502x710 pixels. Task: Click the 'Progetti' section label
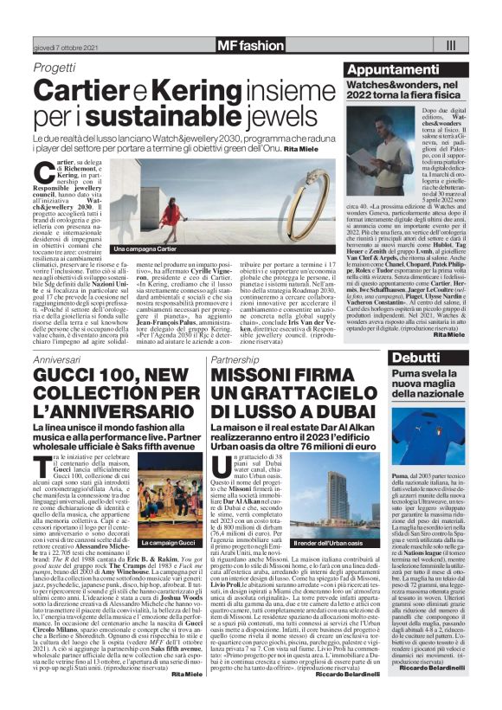(x=55, y=69)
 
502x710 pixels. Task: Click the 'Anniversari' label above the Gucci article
(x=57, y=358)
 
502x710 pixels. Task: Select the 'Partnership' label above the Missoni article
(x=235, y=358)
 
